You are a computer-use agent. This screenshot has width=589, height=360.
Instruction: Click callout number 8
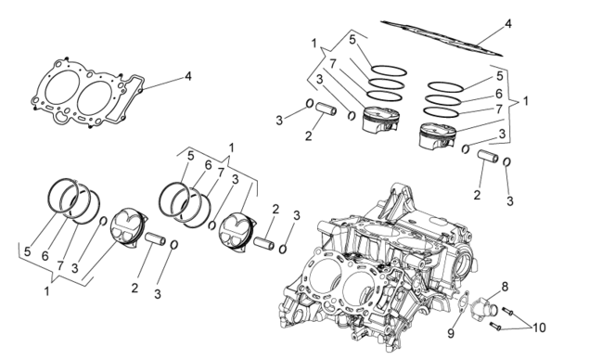tap(505, 287)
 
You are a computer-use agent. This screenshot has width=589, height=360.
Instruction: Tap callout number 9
tap(451, 333)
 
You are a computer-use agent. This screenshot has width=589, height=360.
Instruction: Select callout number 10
tap(539, 328)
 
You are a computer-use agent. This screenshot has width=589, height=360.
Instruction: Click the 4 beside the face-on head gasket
tap(187, 76)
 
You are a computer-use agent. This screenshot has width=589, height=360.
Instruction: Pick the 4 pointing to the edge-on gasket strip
tap(508, 24)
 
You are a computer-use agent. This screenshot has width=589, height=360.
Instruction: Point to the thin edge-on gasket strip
tap(442, 39)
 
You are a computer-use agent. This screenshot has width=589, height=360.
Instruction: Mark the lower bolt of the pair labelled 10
tap(495, 326)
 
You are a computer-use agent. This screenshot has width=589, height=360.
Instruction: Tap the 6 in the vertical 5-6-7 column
tap(499, 93)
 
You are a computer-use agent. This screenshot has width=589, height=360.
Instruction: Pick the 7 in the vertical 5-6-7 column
tap(499, 109)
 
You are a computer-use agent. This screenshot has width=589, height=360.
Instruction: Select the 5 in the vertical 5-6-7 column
tap(499, 76)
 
